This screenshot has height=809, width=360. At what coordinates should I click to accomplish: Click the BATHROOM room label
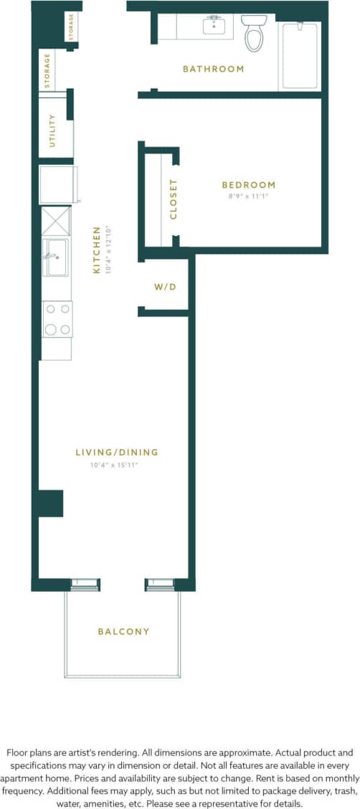point(213,69)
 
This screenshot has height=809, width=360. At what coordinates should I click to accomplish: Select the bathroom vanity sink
point(214,27)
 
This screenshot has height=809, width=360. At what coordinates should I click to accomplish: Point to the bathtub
point(299,56)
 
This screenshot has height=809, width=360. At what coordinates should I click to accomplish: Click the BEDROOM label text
point(248,184)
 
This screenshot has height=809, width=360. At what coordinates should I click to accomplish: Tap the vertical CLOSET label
point(173,199)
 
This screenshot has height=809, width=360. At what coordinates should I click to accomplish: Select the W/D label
point(165,287)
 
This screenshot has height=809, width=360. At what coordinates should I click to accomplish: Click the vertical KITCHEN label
point(97,250)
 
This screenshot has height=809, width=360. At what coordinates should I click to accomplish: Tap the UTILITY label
point(52,131)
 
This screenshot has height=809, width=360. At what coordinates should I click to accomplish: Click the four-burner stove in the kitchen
point(57,319)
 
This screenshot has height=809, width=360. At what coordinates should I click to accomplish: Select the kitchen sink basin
point(55,257)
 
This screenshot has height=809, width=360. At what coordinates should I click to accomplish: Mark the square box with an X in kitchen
point(56,220)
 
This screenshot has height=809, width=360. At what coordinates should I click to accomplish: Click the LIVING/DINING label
point(117,452)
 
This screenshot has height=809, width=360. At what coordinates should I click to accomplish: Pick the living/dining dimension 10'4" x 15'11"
point(113,465)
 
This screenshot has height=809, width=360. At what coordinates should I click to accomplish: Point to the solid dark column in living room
point(51,503)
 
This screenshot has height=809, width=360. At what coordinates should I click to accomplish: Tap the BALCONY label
point(123,631)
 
